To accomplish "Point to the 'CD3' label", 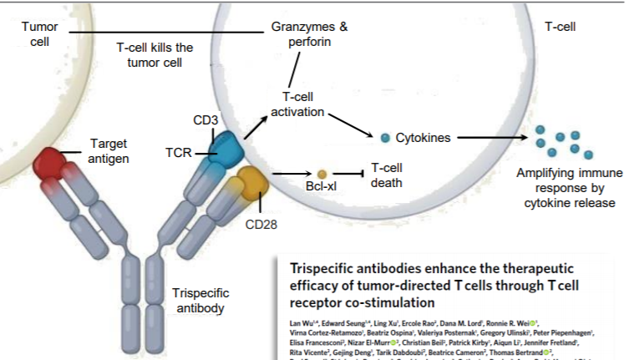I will (205, 121).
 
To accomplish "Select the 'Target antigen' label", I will (109, 151).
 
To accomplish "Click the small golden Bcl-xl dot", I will (322, 174).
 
